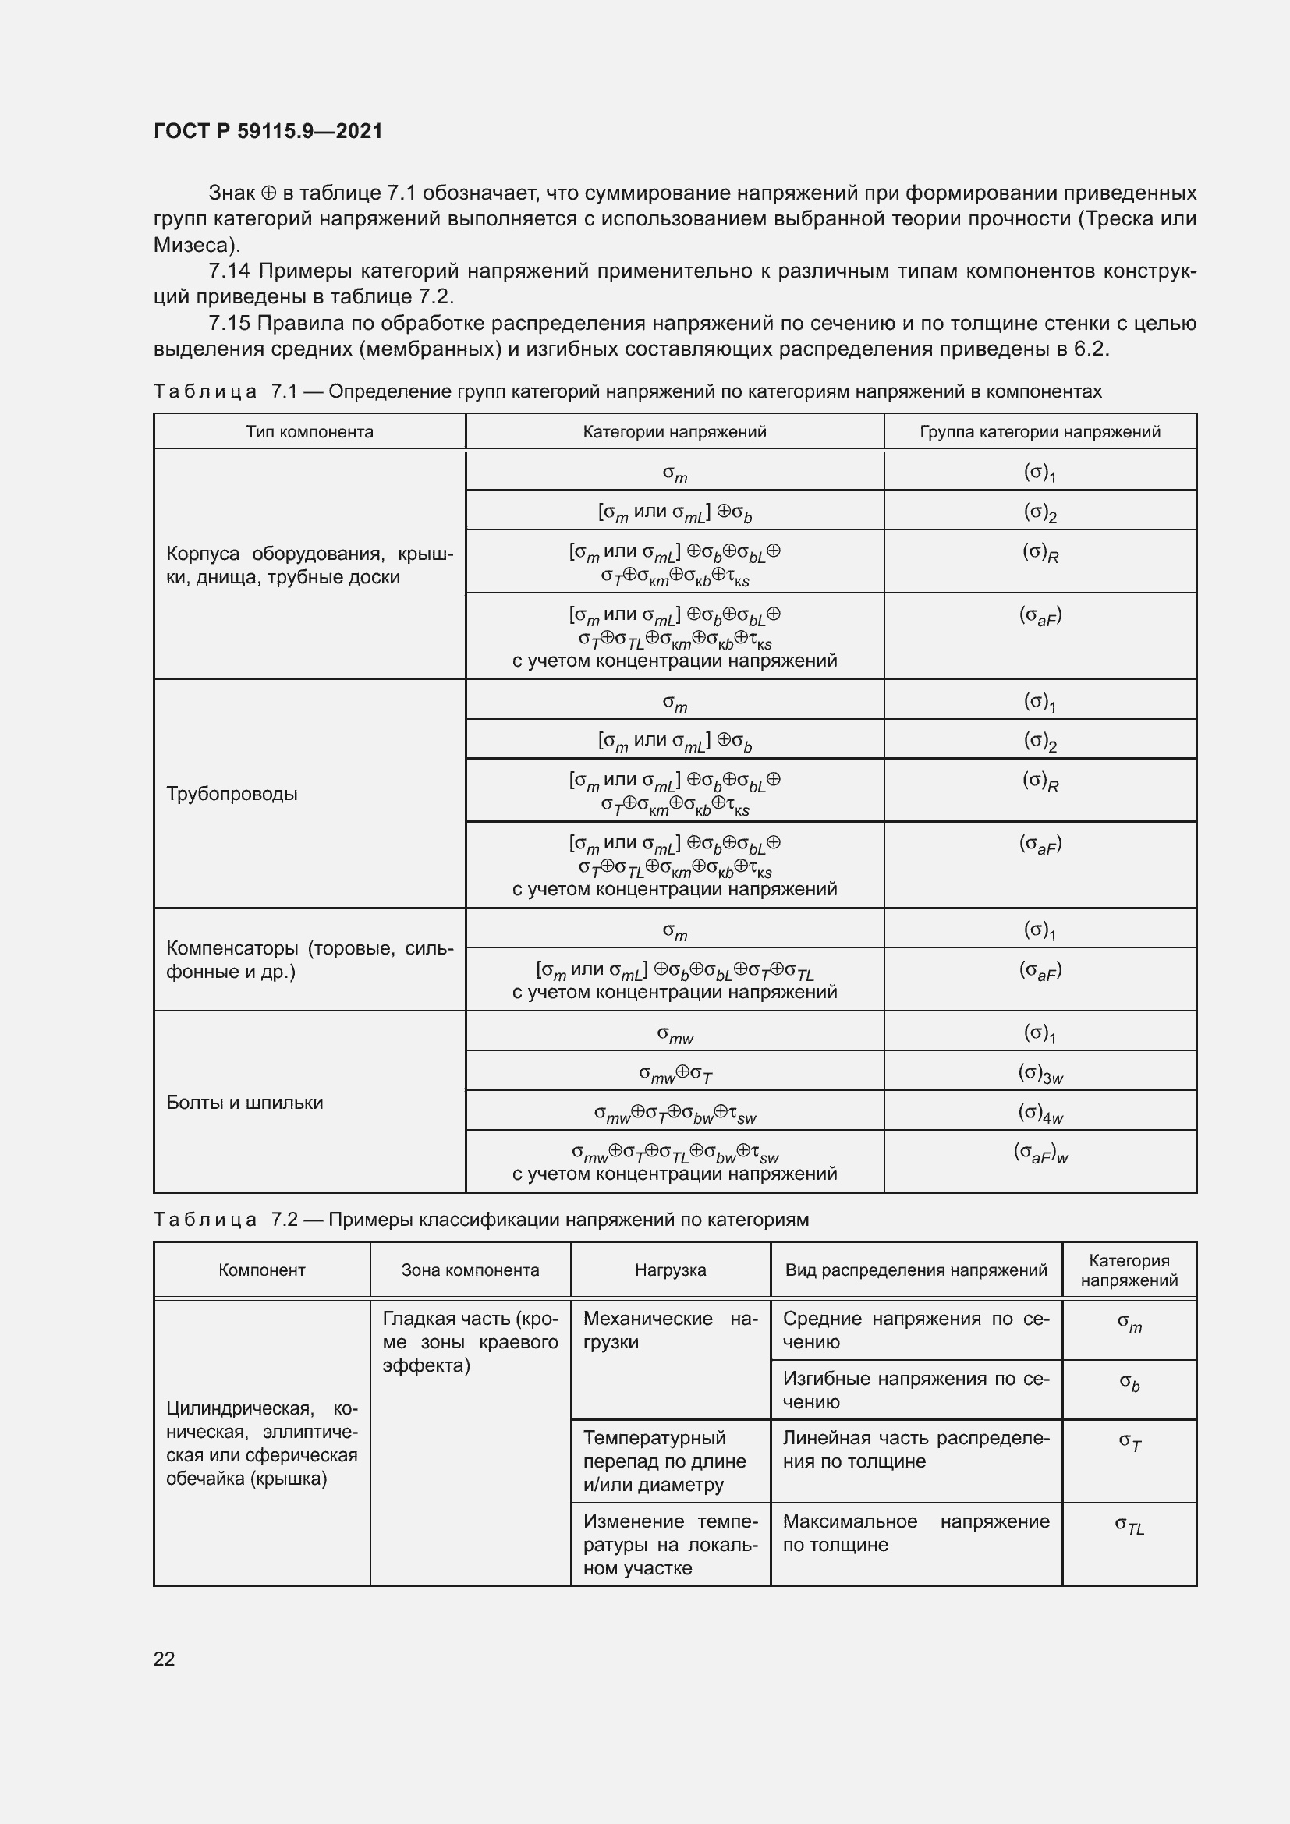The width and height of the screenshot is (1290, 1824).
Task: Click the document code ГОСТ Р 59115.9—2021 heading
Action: [268, 131]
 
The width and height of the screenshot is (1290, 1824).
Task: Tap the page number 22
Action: [164, 1658]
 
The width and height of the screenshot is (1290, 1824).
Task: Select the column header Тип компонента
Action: [309, 432]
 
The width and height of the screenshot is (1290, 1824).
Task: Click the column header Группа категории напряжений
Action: [1040, 432]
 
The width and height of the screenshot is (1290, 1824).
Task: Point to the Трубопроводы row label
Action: [232, 794]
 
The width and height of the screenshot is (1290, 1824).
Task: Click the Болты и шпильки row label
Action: [245, 1102]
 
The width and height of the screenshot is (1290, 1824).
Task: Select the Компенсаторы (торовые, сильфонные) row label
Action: [309, 960]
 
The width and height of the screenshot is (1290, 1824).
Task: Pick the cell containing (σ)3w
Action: [1040, 1073]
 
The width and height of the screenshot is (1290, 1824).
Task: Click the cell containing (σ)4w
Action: [1040, 1113]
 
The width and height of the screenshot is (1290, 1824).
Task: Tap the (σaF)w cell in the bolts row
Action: [1040, 1153]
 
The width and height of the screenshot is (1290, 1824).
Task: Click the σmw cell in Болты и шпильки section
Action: [675, 1033]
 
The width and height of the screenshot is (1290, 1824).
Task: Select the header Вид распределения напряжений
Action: [916, 1270]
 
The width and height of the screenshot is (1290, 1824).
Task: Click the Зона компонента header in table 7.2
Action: [470, 1270]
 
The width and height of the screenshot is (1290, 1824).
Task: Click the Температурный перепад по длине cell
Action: [664, 1461]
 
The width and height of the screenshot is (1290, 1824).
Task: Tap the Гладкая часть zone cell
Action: [470, 1342]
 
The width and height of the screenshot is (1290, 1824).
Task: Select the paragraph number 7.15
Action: [229, 324]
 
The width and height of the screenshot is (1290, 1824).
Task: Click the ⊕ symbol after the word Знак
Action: [268, 193]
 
